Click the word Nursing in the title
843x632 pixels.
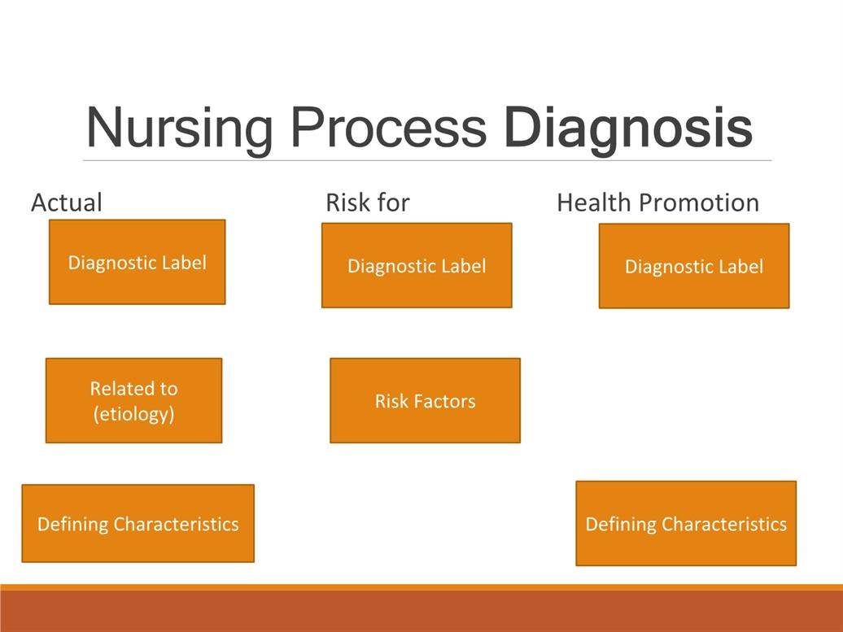pyautogui.click(x=179, y=129)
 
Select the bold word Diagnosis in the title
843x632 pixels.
pyautogui.click(x=628, y=129)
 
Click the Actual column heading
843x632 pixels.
pyautogui.click(x=67, y=203)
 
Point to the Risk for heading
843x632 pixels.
pyautogui.click(x=368, y=203)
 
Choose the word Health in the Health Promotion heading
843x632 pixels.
pyautogui.click(x=593, y=203)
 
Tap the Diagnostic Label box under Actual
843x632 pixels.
pyautogui.click(x=137, y=262)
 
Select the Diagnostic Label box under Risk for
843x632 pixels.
pyautogui.click(x=417, y=265)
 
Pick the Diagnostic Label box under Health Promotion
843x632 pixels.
pyautogui.click(x=694, y=266)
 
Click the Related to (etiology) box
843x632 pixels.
pyautogui.click(x=134, y=400)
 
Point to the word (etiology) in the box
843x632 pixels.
pyautogui.click(x=134, y=414)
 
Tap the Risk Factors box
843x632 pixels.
pyautogui.click(x=426, y=400)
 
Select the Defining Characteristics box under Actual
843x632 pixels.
pyautogui.click(x=138, y=524)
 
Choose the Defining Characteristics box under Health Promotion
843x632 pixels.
pyautogui.click(x=686, y=524)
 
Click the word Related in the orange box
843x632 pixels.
pyautogui.click(x=116, y=389)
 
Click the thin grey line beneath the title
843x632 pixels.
pyautogui.click(x=427, y=160)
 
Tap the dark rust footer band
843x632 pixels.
pyautogui.click(x=421, y=611)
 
